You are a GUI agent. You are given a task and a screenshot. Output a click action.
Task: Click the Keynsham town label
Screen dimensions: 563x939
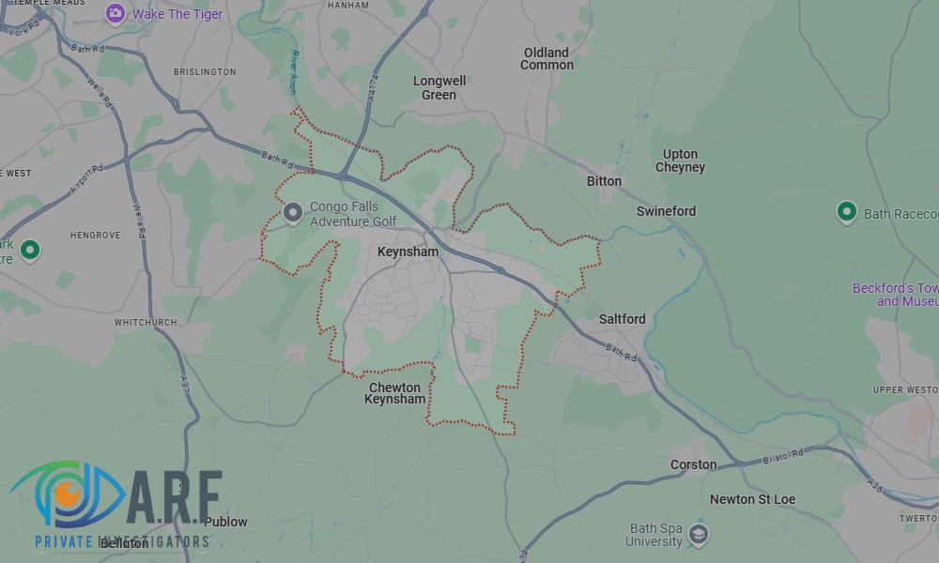pyautogui.click(x=408, y=252)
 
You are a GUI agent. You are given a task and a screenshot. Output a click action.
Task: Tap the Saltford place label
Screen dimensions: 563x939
pyautogui.click(x=622, y=319)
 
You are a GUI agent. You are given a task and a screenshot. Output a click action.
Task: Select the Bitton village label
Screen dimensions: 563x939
pyautogui.click(x=604, y=181)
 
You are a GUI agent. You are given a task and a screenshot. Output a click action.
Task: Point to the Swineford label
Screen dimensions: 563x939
pyautogui.click(x=666, y=211)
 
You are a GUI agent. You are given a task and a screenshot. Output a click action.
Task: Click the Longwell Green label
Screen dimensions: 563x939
pyautogui.click(x=439, y=87)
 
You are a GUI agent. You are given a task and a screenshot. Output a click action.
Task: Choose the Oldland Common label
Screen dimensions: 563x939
pyautogui.click(x=546, y=58)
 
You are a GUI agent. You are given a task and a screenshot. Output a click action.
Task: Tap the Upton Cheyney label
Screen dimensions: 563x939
pyautogui.click(x=680, y=160)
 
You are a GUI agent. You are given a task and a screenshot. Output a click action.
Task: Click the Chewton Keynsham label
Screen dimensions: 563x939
pyautogui.click(x=394, y=393)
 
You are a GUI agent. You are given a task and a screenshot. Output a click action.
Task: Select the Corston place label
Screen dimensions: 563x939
pyautogui.click(x=693, y=464)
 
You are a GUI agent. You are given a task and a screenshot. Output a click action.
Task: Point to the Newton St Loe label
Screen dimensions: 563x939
pyautogui.click(x=752, y=499)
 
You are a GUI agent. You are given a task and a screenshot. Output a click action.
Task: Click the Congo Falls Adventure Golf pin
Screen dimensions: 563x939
pyautogui.click(x=293, y=213)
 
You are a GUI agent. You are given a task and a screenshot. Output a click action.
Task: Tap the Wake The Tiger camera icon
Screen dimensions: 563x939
pyautogui.click(x=115, y=13)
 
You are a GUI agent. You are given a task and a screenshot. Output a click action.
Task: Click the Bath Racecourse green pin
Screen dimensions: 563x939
pyautogui.click(x=846, y=211)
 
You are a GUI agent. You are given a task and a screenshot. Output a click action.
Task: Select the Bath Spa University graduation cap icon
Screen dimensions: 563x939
pyautogui.click(x=698, y=534)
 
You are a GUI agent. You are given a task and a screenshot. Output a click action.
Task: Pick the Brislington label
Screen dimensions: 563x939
pyautogui.click(x=204, y=71)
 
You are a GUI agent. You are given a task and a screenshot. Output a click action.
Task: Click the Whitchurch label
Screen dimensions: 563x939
pyautogui.click(x=146, y=322)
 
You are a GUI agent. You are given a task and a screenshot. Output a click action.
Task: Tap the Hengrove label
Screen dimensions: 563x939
pyautogui.click(x=95, y=235)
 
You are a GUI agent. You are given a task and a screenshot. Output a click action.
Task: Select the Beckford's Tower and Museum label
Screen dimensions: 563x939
pyautogui.click(x=895, y=295)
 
